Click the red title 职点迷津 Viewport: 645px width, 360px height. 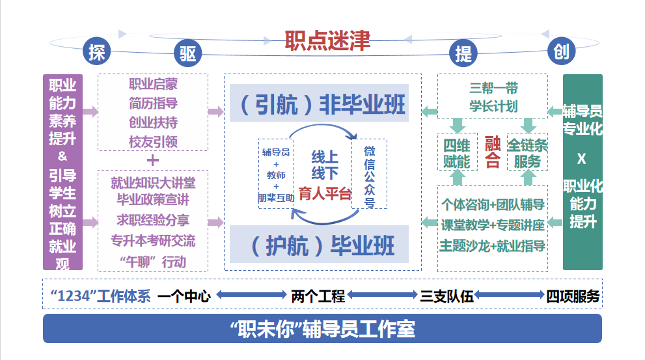coord(327,40)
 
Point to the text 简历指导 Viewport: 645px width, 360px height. coord(153,103)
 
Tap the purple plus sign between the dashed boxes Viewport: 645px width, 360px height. coord(153,160)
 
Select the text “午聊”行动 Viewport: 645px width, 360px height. coord(153,262)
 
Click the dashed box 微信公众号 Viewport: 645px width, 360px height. coord(369,174)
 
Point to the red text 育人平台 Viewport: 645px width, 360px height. coord(325,193)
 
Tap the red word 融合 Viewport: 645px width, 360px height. coord(492,152)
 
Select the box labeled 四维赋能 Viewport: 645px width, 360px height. coord(456,153)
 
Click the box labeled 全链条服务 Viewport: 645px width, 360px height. coord(527,153)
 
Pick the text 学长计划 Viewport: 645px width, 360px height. coord(493,106)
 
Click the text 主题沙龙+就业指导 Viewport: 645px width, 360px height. coord(492,245)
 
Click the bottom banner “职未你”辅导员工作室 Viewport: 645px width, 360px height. coord(322,329)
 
